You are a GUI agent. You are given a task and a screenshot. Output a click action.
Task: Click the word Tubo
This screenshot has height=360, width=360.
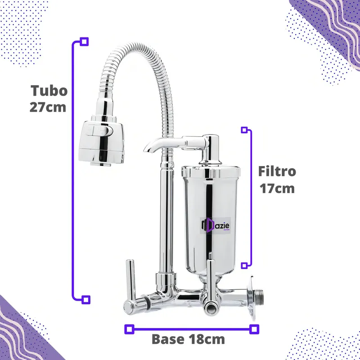tap(49, 90)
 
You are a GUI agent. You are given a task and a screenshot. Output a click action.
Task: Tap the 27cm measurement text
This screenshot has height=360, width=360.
tap(48, 108)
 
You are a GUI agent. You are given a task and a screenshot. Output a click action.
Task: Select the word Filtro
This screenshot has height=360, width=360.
tap(277, 171)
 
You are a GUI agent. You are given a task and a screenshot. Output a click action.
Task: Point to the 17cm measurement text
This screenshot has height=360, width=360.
tap(277, 188)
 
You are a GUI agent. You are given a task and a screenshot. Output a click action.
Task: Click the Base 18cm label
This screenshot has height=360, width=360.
tap(188, 338)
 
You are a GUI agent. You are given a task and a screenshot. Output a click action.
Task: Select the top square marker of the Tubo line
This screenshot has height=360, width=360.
tap(84, 42)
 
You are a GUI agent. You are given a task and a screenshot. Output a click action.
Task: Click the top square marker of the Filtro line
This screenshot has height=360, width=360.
tap(244, 130)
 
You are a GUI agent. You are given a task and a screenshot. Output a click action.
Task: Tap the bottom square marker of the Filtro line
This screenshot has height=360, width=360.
tap(244, 265)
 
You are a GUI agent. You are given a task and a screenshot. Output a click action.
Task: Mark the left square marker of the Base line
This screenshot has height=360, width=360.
tap(129, 329)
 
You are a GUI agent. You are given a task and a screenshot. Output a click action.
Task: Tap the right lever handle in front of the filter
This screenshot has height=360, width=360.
tap(210, 279)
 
